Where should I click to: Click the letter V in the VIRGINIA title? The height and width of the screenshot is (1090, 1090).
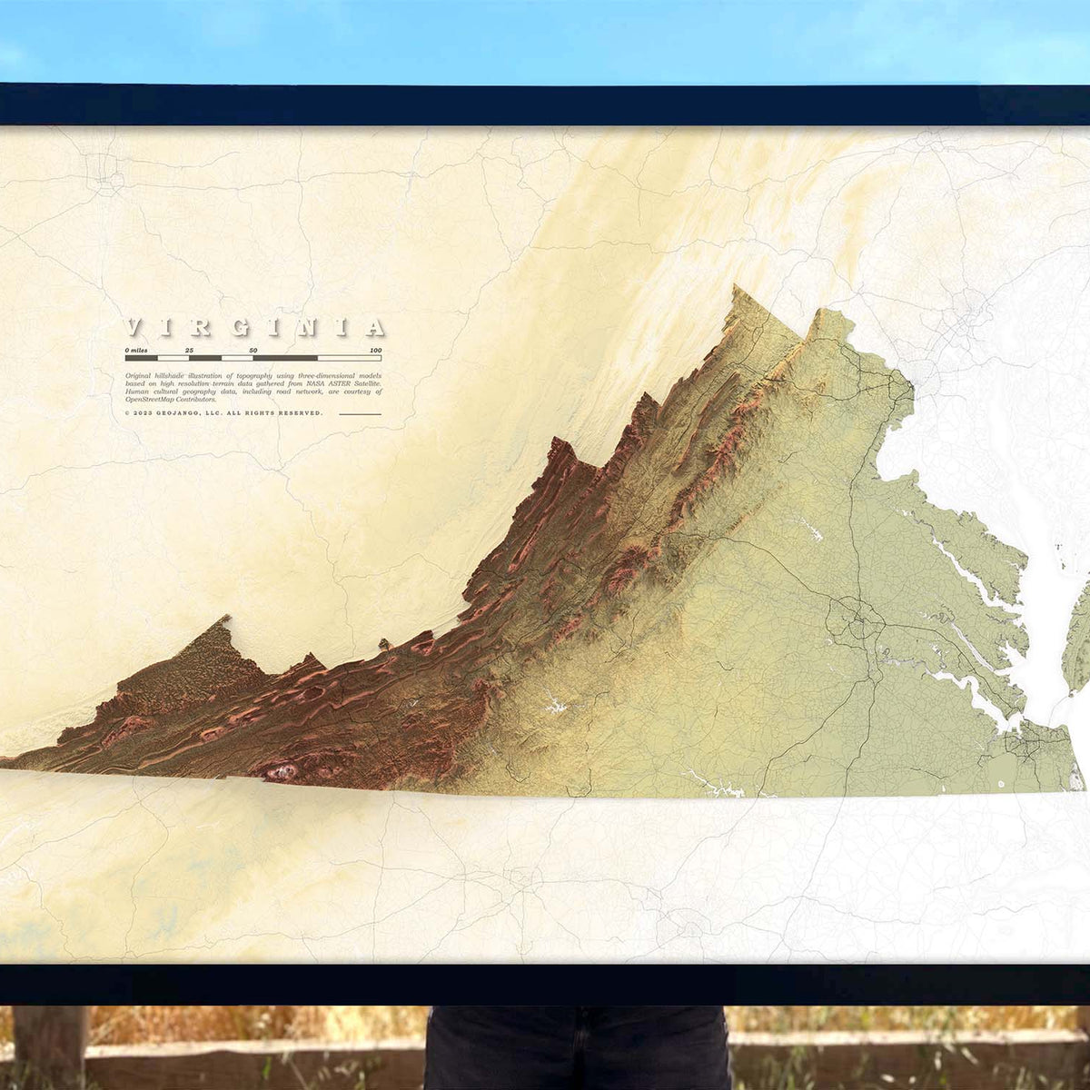134,328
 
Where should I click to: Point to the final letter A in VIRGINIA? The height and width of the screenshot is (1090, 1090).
374,328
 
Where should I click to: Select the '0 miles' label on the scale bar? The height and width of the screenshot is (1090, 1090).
136,350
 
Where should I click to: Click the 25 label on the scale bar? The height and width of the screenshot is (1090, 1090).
189,350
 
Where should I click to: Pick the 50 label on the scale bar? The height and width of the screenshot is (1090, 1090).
253,350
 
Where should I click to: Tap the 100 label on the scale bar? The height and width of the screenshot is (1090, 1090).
375,350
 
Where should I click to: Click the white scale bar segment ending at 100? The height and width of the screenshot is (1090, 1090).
349,358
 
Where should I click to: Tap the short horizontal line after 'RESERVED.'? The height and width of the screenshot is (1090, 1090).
360,413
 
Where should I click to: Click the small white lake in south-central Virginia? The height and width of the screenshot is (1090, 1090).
553,705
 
